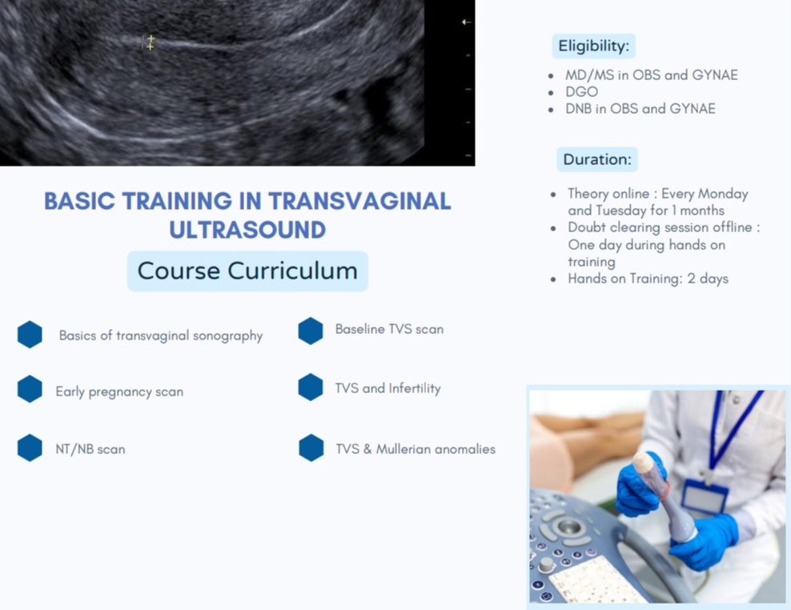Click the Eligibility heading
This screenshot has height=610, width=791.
coord(594,46)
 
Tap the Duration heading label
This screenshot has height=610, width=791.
coord(597,159)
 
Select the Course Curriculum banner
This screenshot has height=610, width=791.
coord(247,271)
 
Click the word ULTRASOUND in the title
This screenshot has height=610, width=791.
coord(247,230)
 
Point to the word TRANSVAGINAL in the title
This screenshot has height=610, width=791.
coord(359,201)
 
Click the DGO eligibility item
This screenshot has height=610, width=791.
coord(582,92)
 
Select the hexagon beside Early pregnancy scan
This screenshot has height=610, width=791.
coord(30,389)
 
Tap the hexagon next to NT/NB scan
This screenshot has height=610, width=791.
coord(30,447)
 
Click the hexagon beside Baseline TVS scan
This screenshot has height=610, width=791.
coord(311,331)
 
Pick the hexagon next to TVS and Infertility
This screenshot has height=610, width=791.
coord(311,387)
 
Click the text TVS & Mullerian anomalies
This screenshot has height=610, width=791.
coord(416,449)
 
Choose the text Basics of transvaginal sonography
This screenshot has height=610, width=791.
coord(161,336)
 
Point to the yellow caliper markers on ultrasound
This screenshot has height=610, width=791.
coord(150,42)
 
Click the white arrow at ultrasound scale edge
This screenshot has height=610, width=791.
coord(466,22)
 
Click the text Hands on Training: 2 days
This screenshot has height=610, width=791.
coord(648,279)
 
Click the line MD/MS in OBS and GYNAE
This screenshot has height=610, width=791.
coord(651,75)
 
